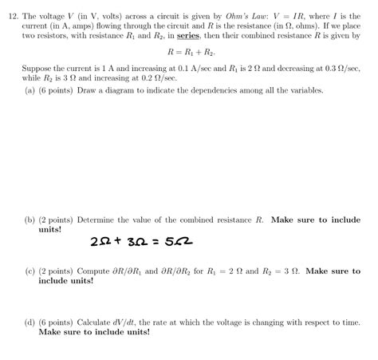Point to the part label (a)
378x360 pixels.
pyautogui.click(x=30, y=91)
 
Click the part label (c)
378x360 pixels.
pyautogui.click(x=30, y=271)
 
